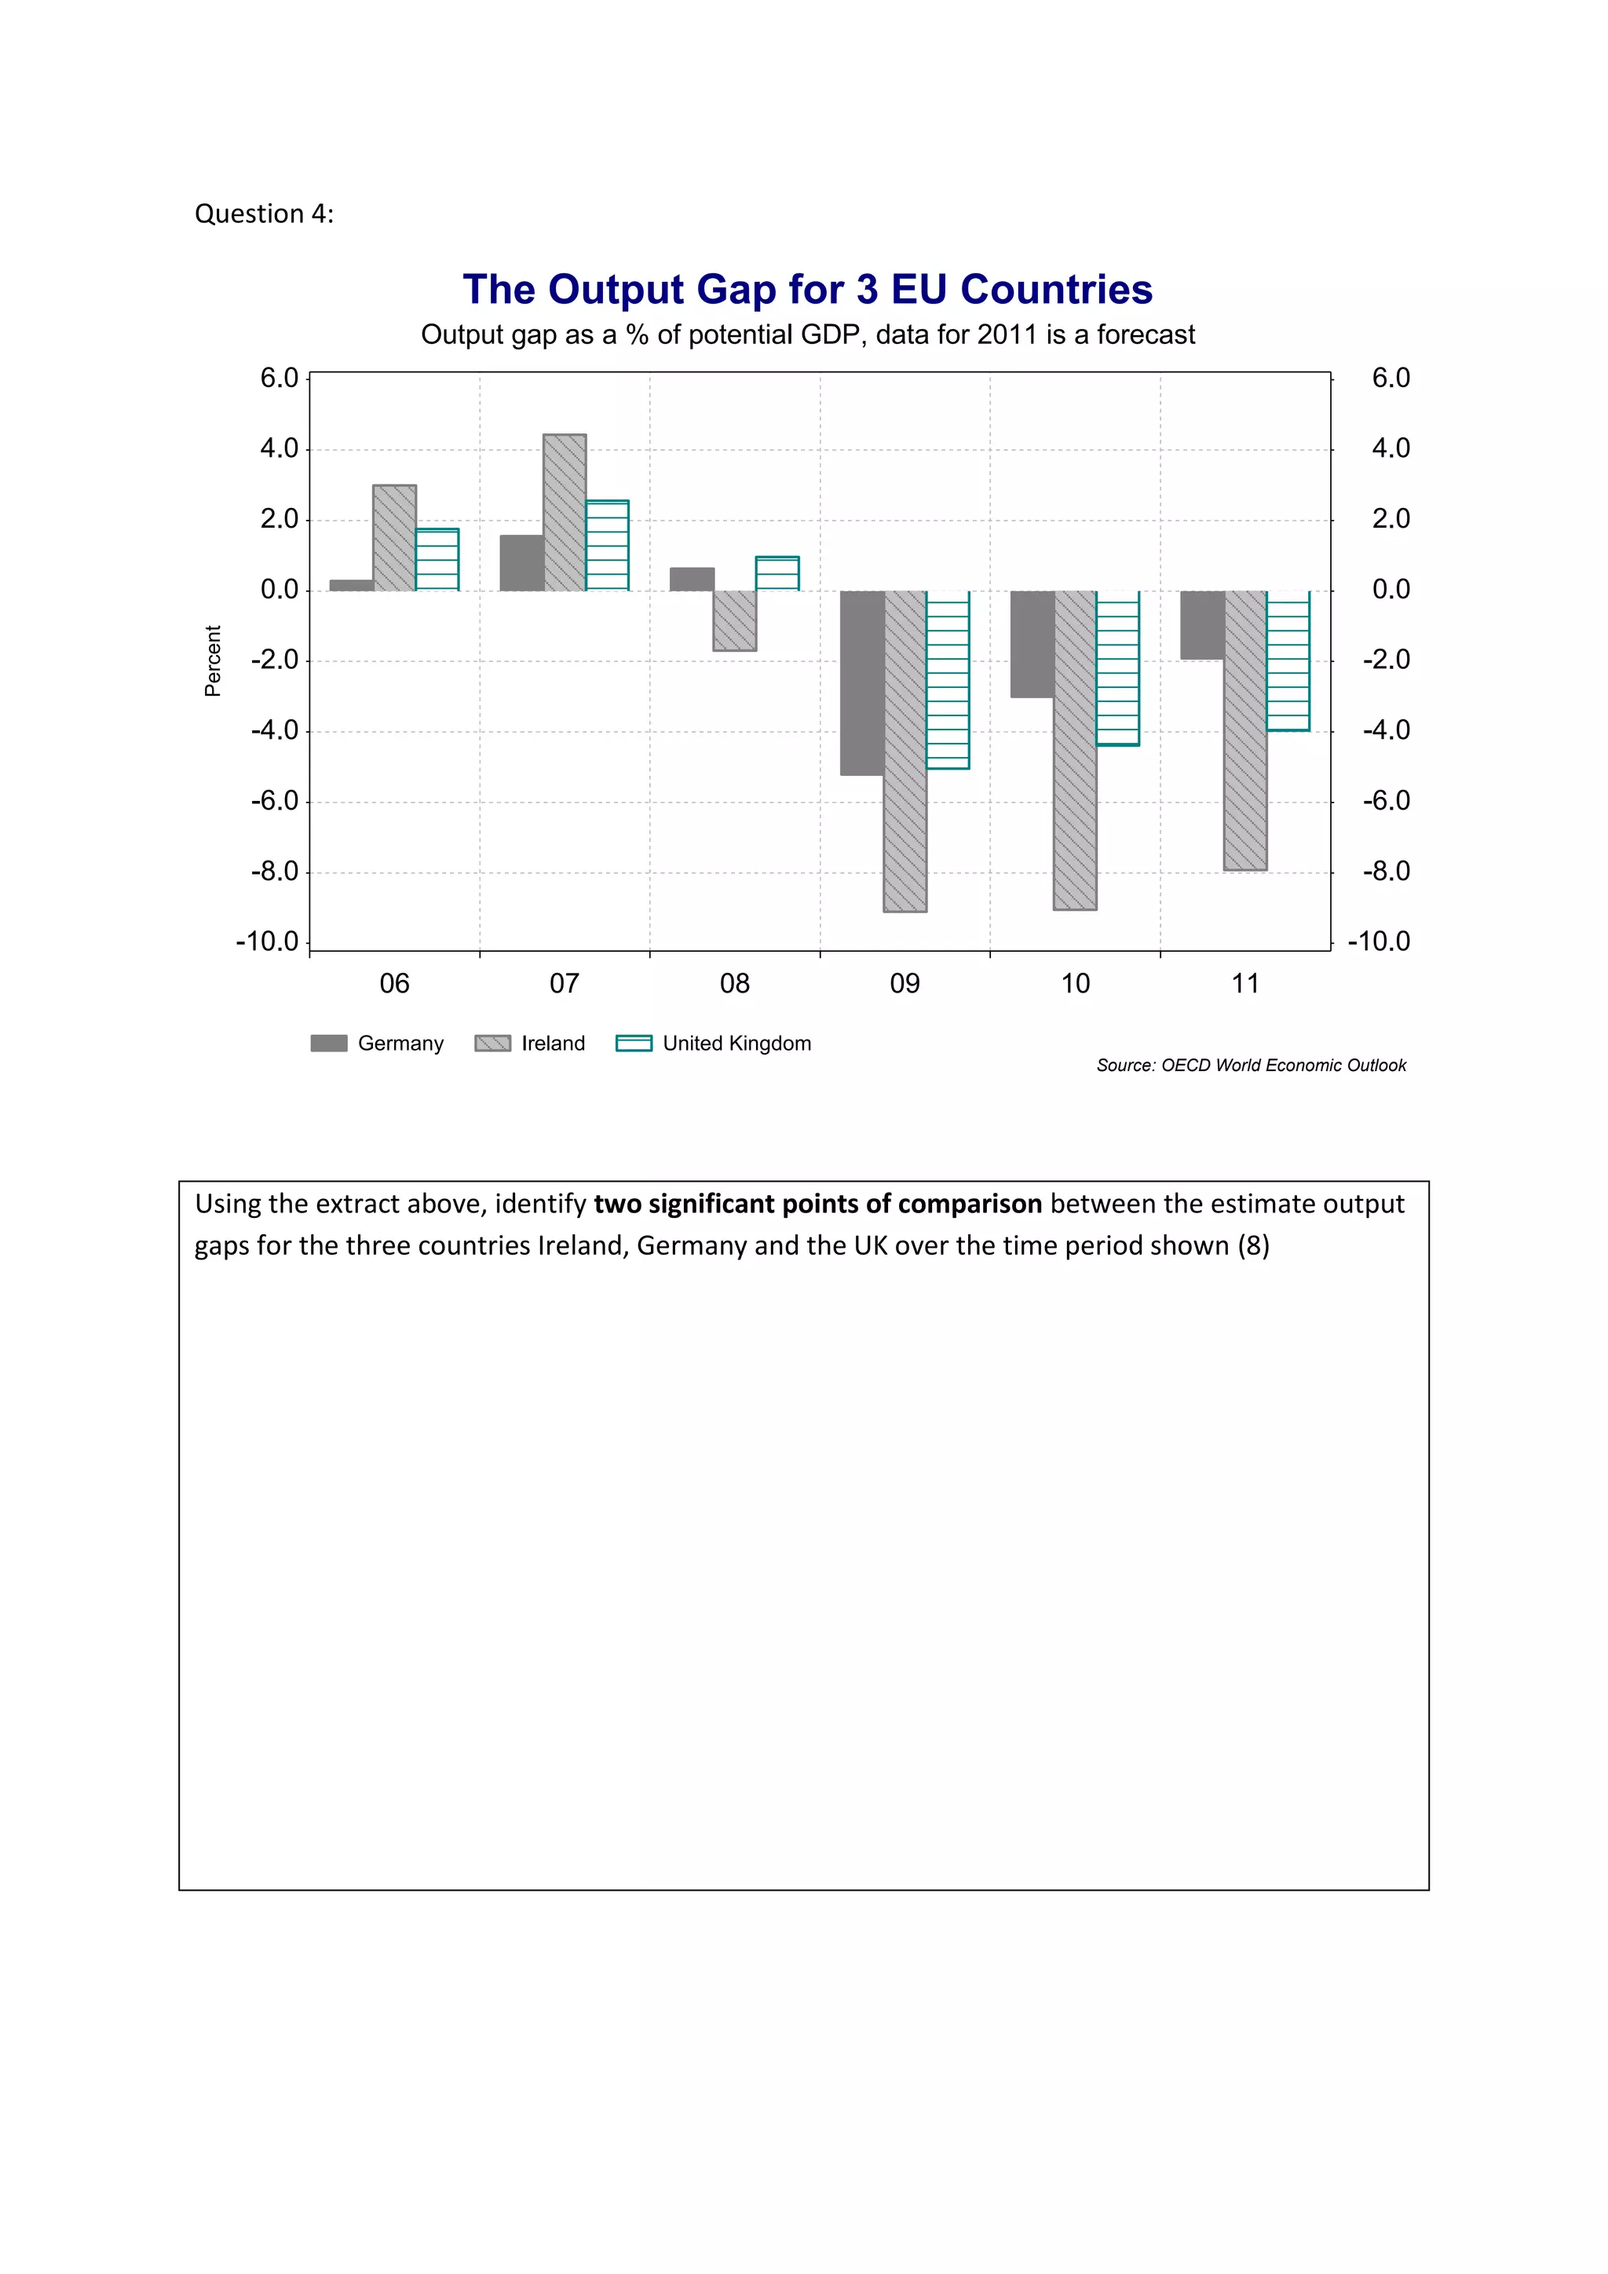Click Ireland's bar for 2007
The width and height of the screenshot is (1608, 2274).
[565, 513]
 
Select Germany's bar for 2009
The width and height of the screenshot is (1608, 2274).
[861, 682]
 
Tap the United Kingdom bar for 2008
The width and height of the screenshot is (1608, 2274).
[777, 573]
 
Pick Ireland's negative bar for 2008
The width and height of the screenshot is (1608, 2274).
[735, 621]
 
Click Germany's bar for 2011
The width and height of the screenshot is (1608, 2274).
[1202, 625]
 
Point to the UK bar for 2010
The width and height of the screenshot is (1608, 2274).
[1118, 667]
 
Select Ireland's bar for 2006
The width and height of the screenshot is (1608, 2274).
[394, 538]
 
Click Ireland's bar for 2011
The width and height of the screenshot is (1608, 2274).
[1245, 730]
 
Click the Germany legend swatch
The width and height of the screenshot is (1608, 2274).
[329, 1043]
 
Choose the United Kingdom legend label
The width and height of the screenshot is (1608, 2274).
[736, 1043]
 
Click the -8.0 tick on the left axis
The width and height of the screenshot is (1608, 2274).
[274, 872]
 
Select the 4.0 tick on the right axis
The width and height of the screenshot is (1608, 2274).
[1391, 448]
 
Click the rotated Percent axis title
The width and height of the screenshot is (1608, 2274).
[213, 660]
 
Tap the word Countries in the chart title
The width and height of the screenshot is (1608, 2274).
[1057, 289]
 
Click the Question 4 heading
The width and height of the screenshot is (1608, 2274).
[265, 214]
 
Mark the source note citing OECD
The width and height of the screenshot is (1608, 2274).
[1251, 1065]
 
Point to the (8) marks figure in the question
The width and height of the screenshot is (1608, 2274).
[1254, 1245]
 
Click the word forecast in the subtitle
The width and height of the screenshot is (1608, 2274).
[1146, 335]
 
